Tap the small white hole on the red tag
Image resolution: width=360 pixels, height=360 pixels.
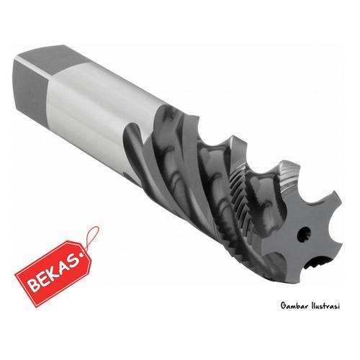click(x=85, y=253)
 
